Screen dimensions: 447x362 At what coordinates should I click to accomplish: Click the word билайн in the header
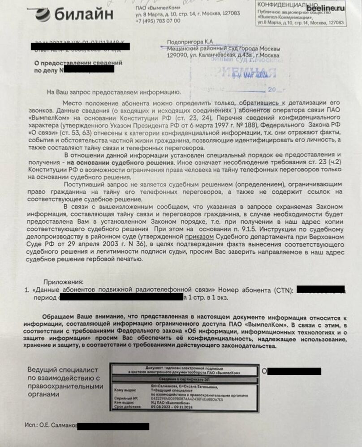(x=84, y=15)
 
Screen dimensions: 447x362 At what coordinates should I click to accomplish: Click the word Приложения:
(x=63, y=282)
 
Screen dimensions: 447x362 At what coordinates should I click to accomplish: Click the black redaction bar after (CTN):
(x=320, y=290)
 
